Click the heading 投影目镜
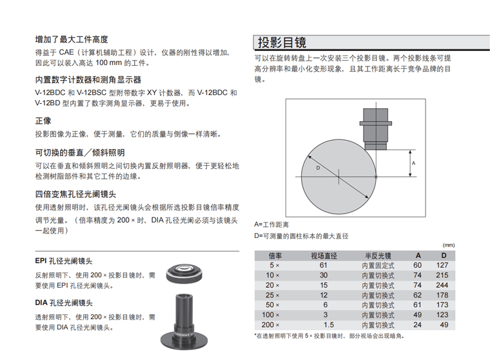pos(282,43)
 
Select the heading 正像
pos(43,120)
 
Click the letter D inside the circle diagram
pos(318,168)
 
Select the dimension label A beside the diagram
pos(413,163)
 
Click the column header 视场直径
pos(323,255)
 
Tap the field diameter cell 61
pos(324,265)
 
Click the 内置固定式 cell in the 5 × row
pos(378,265)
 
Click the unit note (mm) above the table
pos(449,245)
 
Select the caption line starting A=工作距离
pos(271,224)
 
